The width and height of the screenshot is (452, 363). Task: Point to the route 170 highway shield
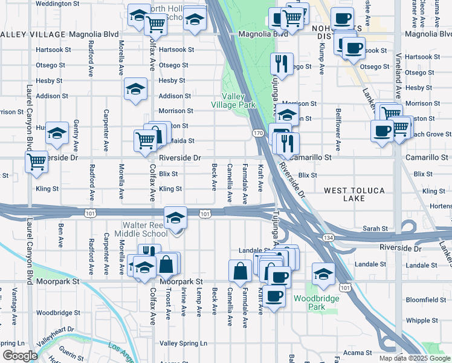tap(257, 132)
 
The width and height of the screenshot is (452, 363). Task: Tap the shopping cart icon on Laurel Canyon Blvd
tap(36, 162)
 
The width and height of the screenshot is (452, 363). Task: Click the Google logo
tap(20, 356)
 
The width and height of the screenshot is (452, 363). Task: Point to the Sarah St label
tap(375, 229)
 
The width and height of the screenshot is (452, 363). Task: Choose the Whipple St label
tap(418, 320)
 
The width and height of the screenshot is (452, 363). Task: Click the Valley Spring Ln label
tap(182, 343)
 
